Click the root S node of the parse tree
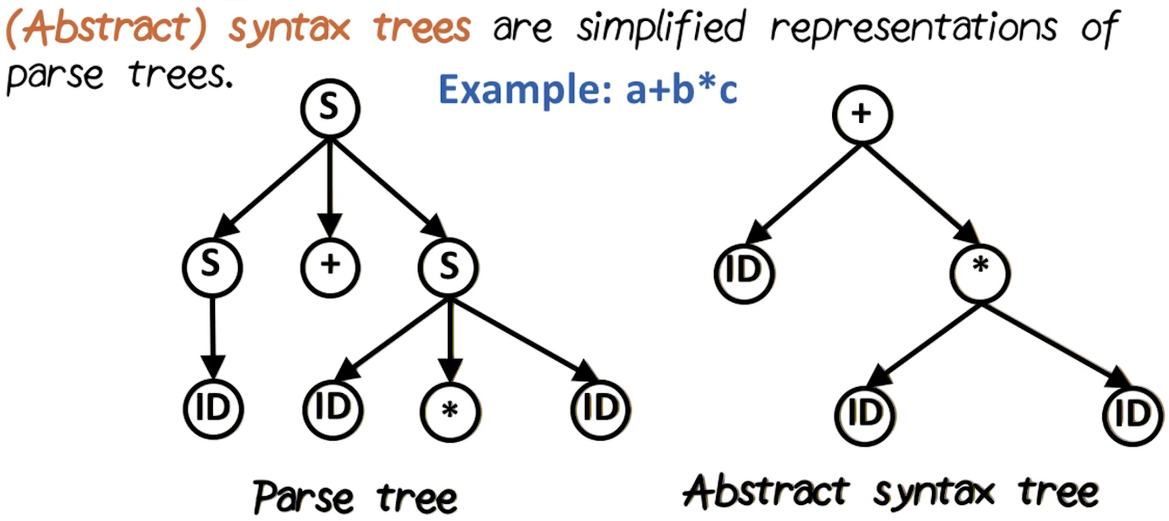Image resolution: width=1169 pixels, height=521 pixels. coord(330,109)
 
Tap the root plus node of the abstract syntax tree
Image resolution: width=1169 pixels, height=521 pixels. coord(862,115)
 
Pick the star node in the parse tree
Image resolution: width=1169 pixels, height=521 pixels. coord(450,411)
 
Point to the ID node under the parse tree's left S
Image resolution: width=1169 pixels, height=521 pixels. coord(213,409)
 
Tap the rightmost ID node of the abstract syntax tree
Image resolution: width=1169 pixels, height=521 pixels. coord(1133,414)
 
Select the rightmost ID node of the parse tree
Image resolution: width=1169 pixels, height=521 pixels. coord(600,409)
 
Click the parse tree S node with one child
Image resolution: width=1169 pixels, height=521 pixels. coord(212,267)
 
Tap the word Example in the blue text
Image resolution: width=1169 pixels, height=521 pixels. coord(525,90)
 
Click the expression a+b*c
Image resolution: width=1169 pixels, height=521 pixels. coord(681,90)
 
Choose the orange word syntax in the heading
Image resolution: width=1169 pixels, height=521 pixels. coord(289,28)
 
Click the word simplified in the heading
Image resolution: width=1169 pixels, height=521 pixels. coord(661,28)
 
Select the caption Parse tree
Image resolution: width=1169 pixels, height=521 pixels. coord(355,497)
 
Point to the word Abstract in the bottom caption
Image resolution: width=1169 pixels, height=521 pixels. coord(767,492)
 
